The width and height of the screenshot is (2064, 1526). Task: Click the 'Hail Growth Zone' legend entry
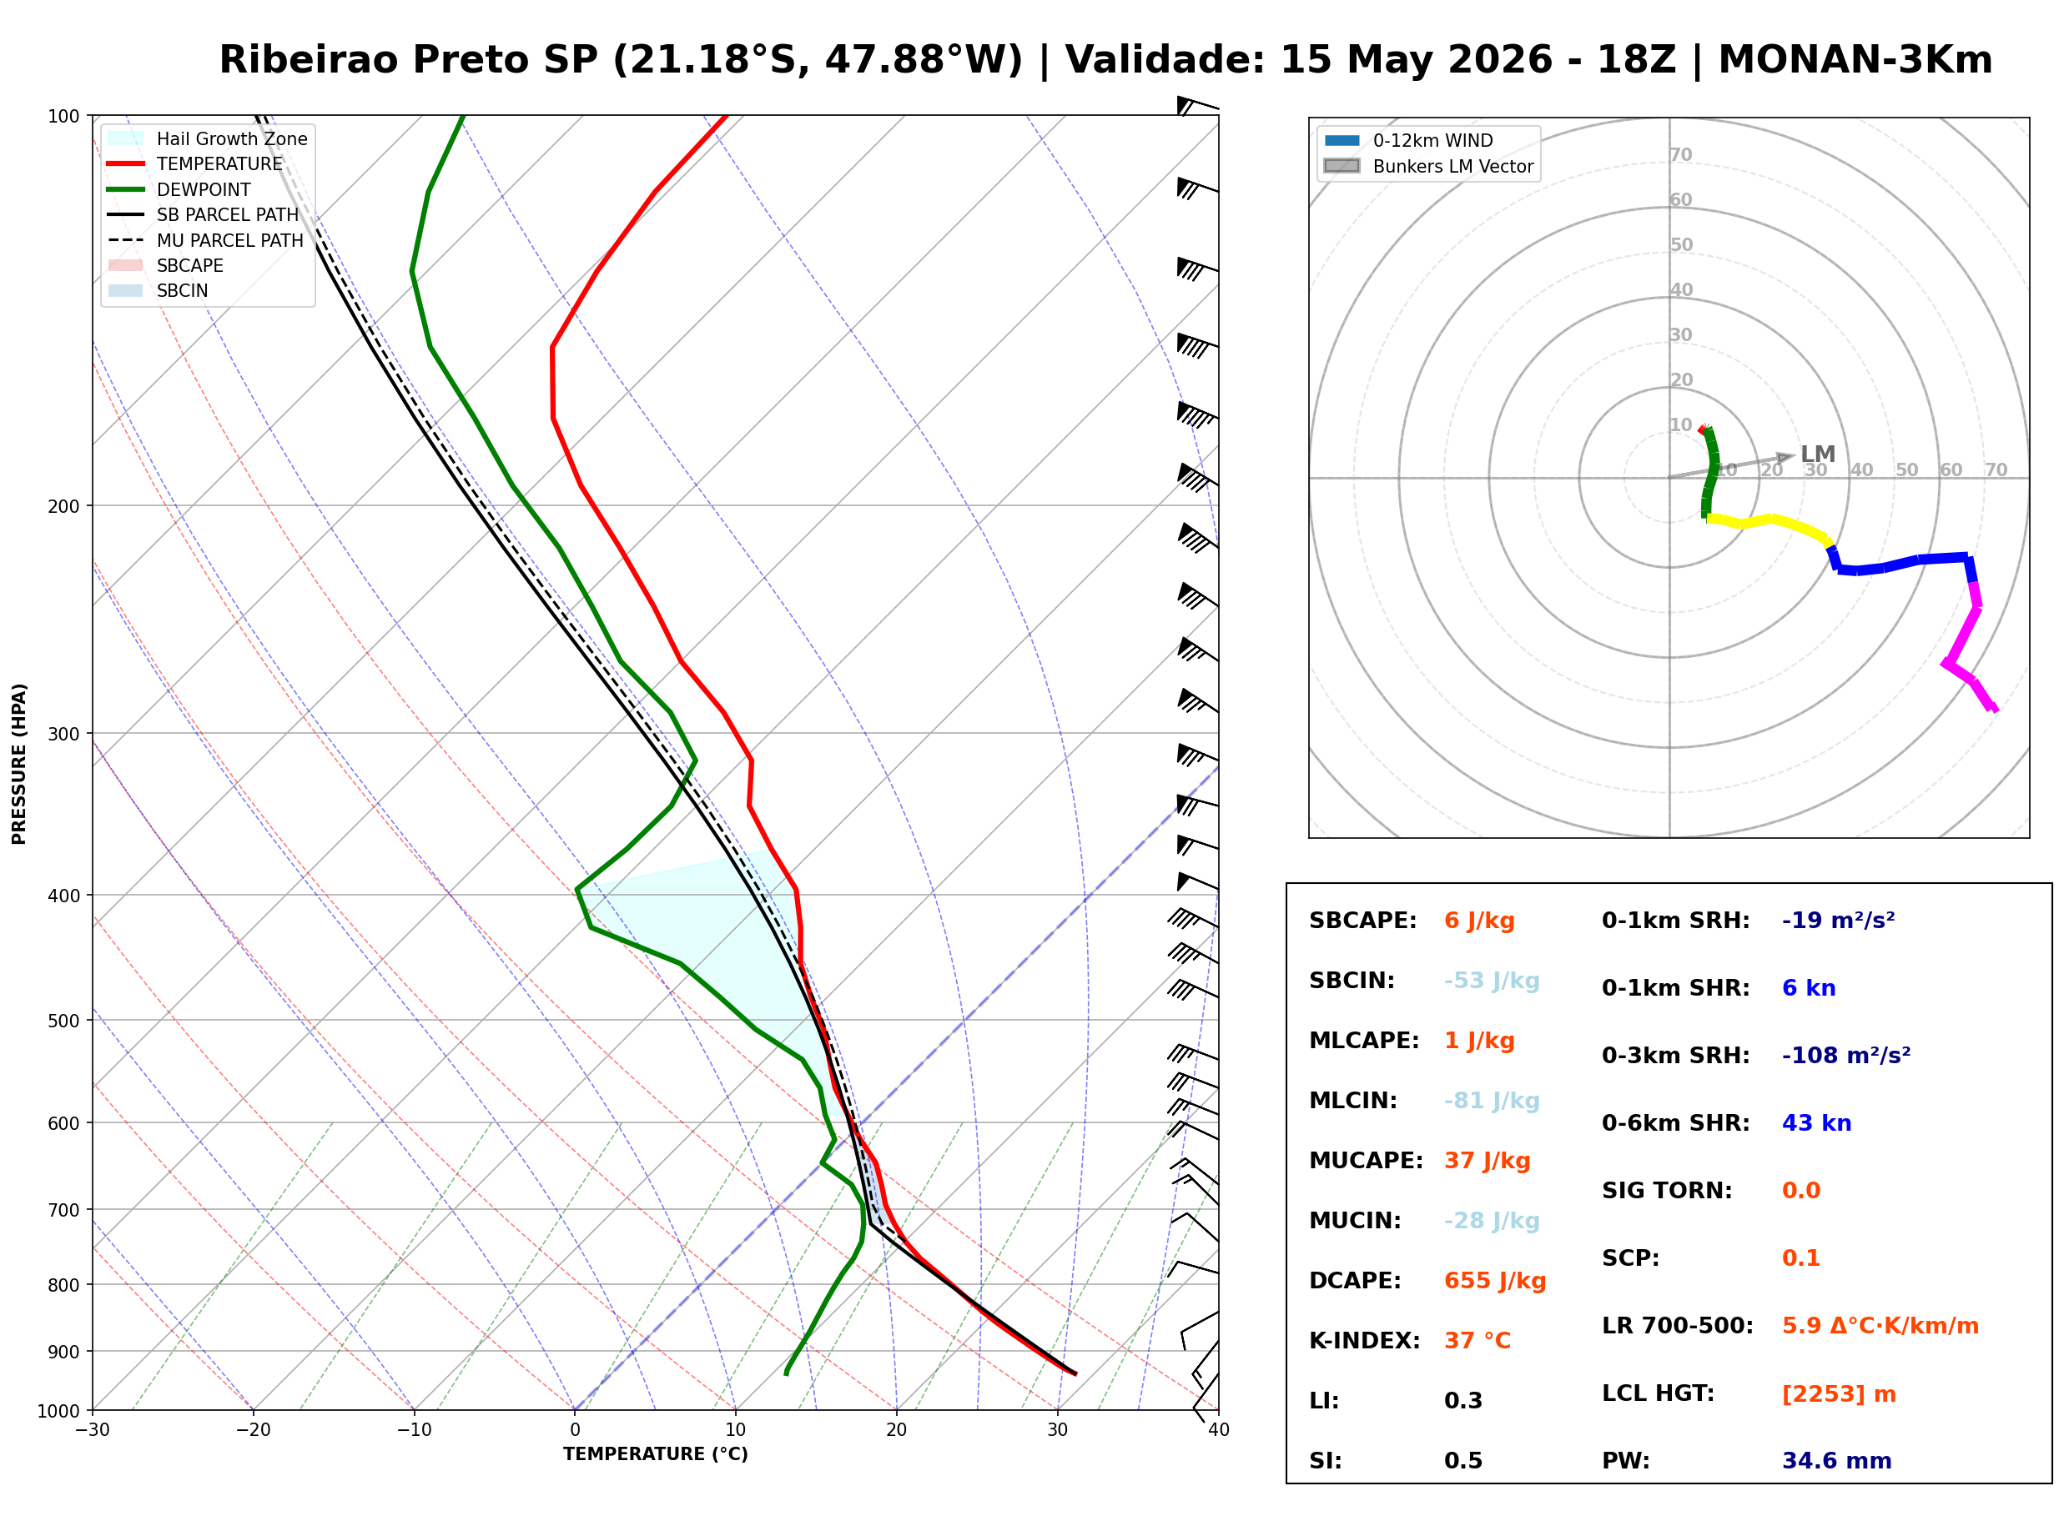click(208, 138)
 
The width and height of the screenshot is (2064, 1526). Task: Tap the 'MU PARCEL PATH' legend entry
click(206, 240)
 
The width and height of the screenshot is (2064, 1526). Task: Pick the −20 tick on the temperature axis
click(253, 1430)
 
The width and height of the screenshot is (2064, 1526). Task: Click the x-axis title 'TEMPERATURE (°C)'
click(656, 1454)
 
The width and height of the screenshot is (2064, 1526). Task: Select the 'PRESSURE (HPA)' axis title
click(19, 764)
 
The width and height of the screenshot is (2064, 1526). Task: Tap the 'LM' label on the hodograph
click(1817, 454)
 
